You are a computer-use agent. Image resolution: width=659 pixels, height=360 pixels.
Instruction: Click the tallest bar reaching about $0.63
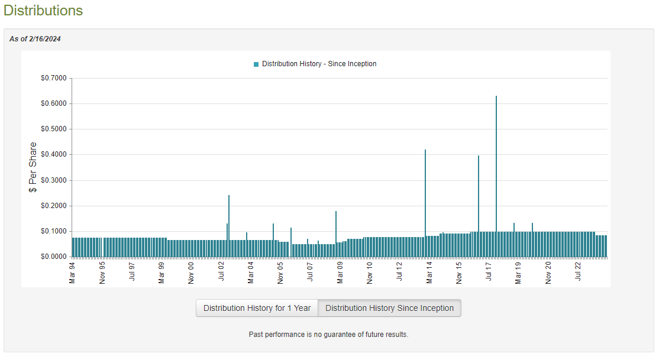click(496, 177)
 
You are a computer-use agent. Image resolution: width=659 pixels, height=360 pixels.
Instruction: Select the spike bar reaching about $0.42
click(425, 204)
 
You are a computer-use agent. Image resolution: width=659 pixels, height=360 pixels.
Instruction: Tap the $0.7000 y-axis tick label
click(54, 78)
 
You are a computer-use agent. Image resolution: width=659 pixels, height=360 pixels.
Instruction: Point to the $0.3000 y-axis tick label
click(54, 180)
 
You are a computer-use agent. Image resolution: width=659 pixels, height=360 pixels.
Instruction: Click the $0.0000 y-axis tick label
click(54, 257)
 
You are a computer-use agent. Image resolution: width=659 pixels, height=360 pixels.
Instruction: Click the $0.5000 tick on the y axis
click(54, 129)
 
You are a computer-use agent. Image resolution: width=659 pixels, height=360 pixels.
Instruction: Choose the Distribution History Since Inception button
click(389, 308)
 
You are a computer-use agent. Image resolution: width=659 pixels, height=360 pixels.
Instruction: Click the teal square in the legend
click(256, 64)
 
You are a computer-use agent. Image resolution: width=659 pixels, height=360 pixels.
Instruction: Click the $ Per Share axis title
click(33, 167)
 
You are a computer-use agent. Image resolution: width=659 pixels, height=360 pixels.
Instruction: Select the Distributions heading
click(43, 11)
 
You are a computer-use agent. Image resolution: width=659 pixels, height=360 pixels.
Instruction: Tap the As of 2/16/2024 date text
click(35, 39)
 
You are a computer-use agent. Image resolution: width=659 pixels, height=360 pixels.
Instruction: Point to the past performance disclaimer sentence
click(328, 335)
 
